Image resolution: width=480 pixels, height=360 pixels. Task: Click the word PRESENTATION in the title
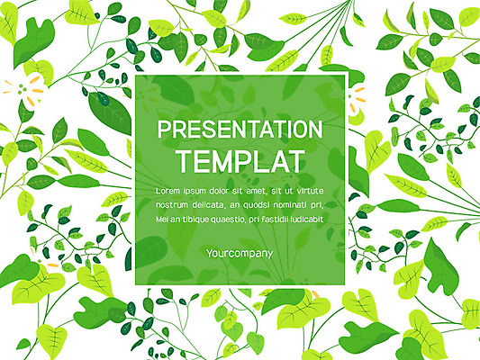(x=240, y=130)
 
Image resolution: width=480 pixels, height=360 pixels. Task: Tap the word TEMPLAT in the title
(x=240, y=161)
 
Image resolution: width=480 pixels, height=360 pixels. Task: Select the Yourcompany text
(x=240, y=254)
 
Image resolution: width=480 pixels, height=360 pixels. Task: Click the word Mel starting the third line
(x=162, y=219)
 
